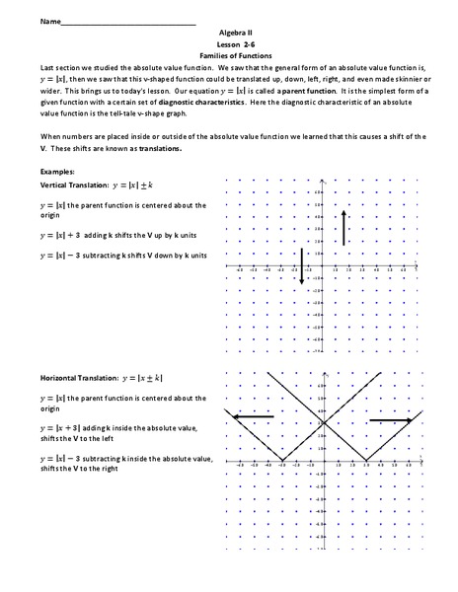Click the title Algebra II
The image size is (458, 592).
click(229, 32)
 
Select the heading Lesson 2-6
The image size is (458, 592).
click(229, 43)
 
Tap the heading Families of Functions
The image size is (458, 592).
click(229, 55)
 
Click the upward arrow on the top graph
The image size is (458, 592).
click(343, 226)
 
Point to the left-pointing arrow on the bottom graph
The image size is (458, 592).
click(254, 416)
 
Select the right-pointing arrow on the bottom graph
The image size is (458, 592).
click(390, 420)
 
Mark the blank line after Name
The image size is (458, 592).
click(128, 22)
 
